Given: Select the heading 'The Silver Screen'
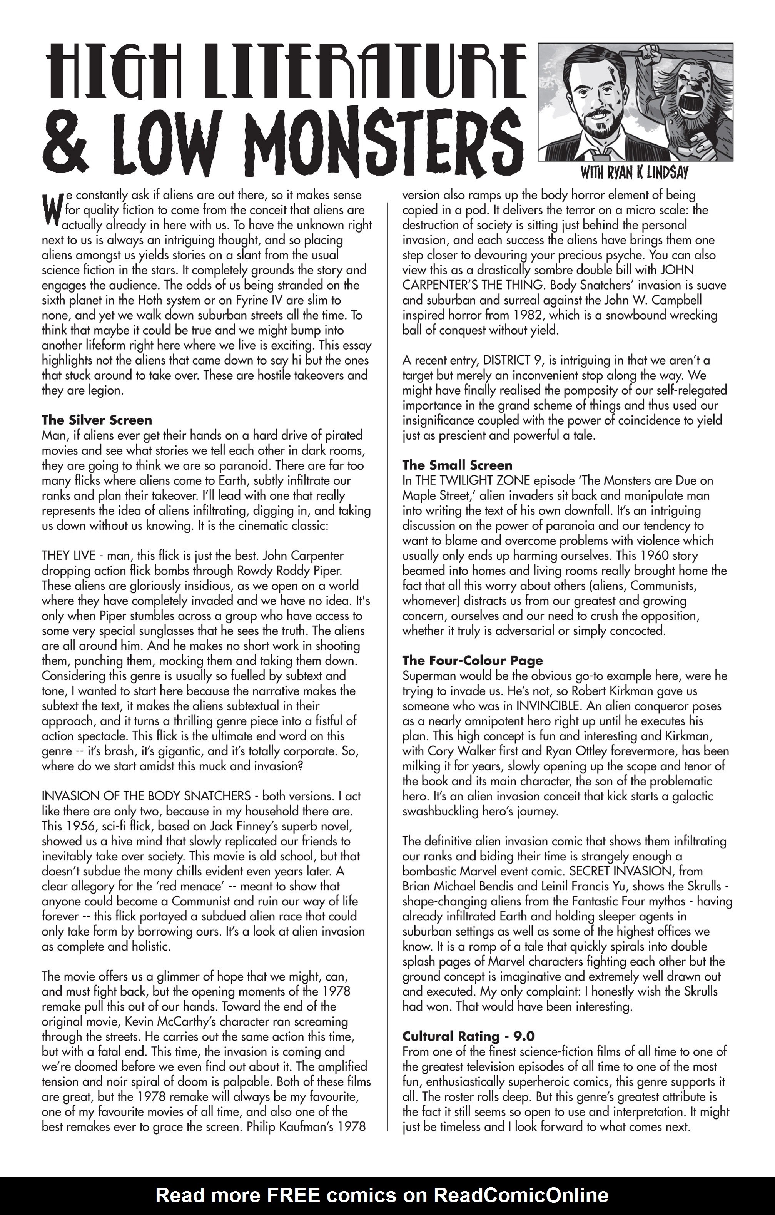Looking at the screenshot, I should (97, 420).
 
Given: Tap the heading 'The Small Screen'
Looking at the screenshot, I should (457, 465).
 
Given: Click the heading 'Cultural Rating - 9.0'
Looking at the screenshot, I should (468, 1036).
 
